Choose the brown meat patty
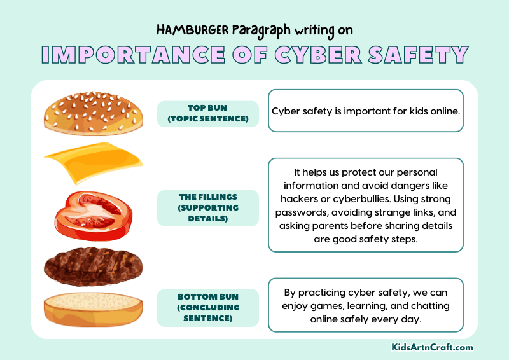click(93, 265)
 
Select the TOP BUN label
click(208, 113)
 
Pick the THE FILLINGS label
click(208, 207)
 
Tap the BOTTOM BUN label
click(208, 307)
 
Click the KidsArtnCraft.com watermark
click(432, 347)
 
